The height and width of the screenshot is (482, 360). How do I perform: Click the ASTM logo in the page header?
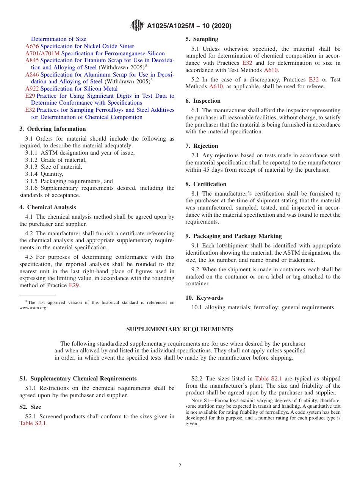point(137,25)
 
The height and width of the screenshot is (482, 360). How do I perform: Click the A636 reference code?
point(32,46)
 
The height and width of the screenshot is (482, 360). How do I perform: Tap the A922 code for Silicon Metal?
point(32,89)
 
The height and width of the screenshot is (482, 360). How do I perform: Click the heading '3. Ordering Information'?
point(52,129)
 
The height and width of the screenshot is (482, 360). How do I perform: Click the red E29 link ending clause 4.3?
point(74,285)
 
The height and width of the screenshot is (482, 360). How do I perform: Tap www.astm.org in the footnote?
point(33,308)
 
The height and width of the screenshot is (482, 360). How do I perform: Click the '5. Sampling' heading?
point(202,39)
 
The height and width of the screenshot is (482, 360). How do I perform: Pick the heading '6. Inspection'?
point(203,101)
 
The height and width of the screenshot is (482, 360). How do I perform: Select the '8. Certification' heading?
point(206,184)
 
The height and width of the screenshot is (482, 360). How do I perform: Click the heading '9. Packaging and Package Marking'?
point(233,236)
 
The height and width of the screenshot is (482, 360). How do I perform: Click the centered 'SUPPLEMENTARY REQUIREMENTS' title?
point(180,329)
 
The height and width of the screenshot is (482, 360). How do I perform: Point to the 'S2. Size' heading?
point(30,407)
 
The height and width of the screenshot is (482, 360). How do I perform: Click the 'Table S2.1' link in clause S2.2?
point(268,379)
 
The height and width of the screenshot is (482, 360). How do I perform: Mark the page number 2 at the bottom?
point(180,466)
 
